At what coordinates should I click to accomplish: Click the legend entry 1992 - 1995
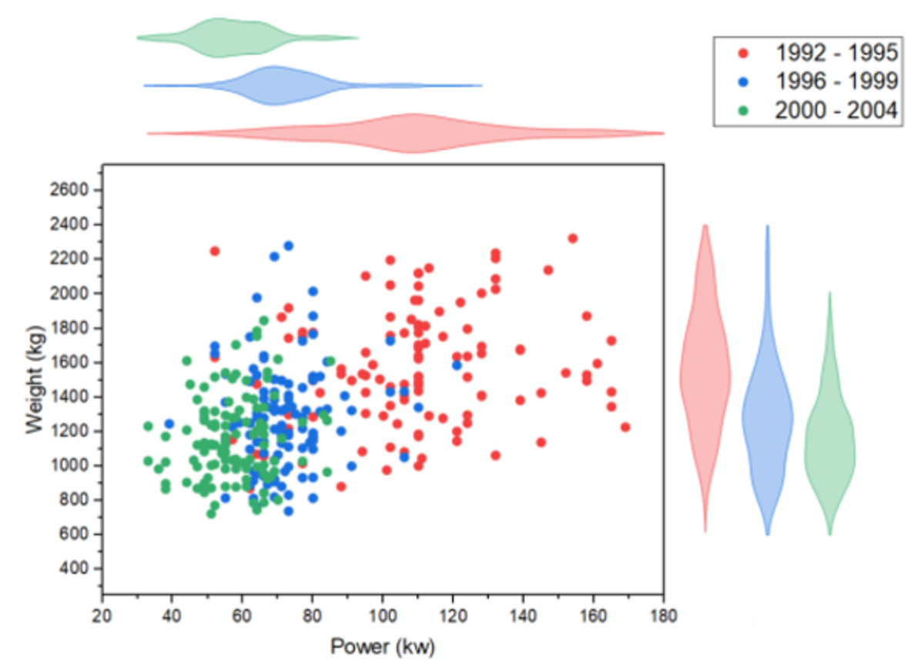coord(836,53)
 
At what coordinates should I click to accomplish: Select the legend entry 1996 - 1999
coord(836,82)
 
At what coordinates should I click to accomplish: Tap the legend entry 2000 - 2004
coord(836,110)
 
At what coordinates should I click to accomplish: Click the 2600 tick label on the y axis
coord(75,190)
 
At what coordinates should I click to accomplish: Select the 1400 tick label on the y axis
coord(75,397)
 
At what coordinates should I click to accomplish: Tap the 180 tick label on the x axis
coord(663,616)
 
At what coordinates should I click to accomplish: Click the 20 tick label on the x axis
coord(102,616)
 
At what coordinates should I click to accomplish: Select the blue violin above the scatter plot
coord(273,85)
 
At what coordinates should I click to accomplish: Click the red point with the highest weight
coord(572,239)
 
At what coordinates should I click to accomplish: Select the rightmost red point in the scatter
coord(625,427)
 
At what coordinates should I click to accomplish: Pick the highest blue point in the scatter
coord(288,246)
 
